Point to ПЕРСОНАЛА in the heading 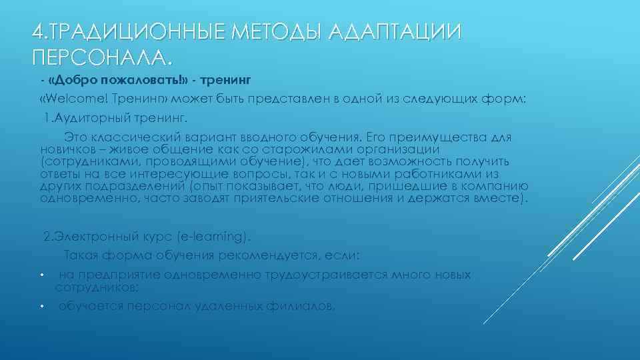click(100, 58)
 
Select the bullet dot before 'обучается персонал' click(41, 307)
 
